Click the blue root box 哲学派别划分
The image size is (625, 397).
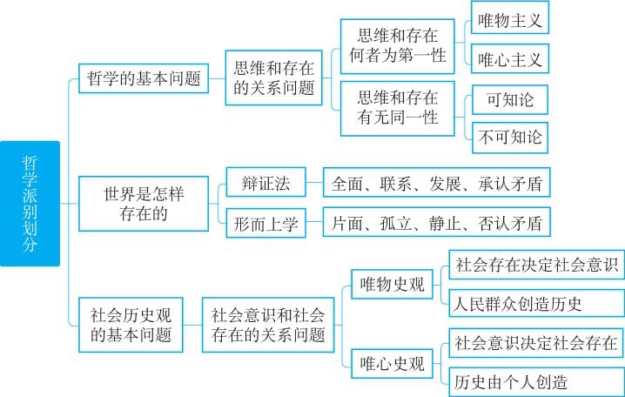coord(30,204)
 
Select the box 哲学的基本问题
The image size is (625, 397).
coord(144,78)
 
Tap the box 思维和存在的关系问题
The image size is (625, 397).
coord(274,77)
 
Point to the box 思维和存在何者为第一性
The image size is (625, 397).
coord(398,46)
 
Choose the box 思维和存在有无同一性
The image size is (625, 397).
coord(398,109)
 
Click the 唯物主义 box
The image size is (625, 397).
coord(510,18)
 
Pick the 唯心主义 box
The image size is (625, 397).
coord(510,58)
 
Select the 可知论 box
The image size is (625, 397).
coord(510,99)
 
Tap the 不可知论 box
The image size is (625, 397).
coord(510,138)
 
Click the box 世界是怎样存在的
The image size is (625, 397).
coord(144,204)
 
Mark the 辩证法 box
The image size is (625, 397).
coord(265,182)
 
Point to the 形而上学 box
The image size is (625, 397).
coord(265,223)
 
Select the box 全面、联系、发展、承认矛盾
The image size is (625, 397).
coord(436,182)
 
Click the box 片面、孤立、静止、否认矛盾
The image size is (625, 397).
coord(436,222)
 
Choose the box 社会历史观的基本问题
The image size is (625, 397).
coord(131,325)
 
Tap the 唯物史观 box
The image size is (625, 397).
coord(392,284)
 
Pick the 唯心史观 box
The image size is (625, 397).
coord(392,364)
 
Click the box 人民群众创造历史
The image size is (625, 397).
coord(536,303)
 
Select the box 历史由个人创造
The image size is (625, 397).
coord(536,382)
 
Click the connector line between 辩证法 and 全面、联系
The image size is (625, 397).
coord(314,182)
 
